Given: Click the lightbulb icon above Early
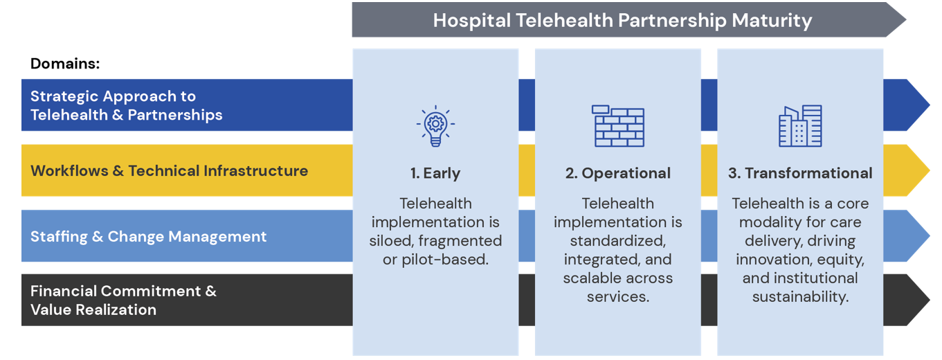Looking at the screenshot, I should point(435,125).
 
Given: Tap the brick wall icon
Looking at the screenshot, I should point(617,126).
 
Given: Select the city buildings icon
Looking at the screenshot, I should point(800,126).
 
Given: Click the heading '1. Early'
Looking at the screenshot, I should point(435,173).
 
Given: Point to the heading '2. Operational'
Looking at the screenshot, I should point(617,173).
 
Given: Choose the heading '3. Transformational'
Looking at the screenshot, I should point(800,173).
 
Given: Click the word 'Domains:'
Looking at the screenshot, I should point(65,64).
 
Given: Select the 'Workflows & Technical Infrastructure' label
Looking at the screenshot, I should point(169,170).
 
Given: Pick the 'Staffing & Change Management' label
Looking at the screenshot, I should point(148,236).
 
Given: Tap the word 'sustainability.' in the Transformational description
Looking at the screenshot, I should point(800,297).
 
